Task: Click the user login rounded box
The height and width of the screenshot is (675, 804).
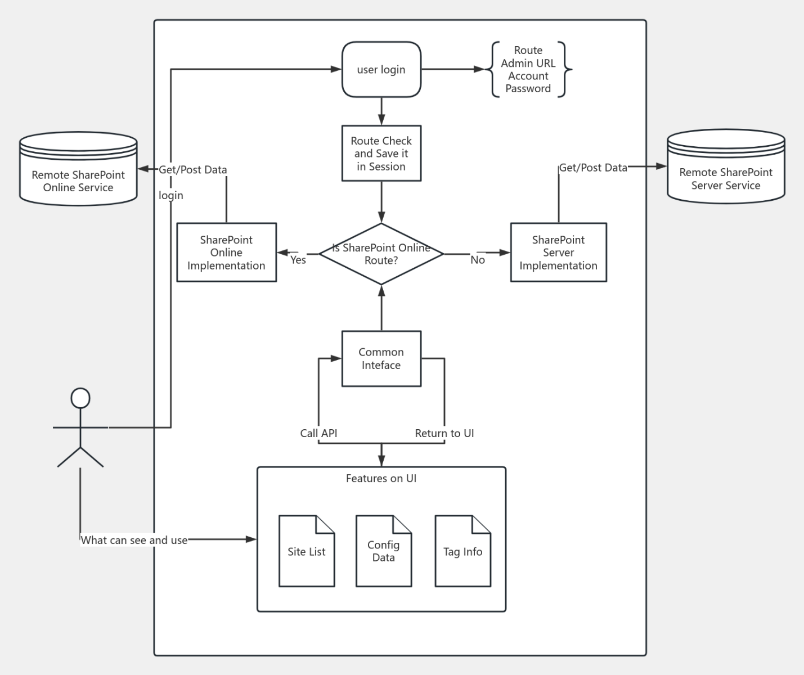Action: click(x=381, y=70)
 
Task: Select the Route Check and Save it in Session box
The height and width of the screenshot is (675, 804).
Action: click(x=381, y=154)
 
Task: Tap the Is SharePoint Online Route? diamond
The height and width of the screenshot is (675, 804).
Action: click(x=381, y=254)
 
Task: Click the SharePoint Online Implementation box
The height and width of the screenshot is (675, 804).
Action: click(x=226, y=253)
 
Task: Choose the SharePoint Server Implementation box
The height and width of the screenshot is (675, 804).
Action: click(x=558, y=253)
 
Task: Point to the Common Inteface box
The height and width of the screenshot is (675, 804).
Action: click(x=381, y=359)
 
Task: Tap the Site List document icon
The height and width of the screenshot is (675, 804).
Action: click(x=307, y=552)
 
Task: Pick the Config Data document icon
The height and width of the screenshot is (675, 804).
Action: click(x=384, y=552)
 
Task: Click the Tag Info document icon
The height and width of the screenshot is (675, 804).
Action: click(x=462, y=552)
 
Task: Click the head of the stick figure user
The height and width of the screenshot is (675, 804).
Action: click(x=80, y=398)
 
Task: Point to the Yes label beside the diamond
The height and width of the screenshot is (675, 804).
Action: click(x=298, y=260)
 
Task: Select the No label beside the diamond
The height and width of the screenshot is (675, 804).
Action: click(x=478, y=260)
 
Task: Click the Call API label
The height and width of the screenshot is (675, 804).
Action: click(x=318, y=433)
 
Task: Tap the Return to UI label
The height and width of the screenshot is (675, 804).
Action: click(x=444, y=433)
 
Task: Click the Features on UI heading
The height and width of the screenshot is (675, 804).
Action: click(x=381, y=479)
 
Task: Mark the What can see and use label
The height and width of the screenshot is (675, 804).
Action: click(x=134, y=540)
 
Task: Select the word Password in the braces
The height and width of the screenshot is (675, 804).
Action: click(x=528, y=89)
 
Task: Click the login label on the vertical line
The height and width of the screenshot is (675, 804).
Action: click(x=171, y=195)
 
